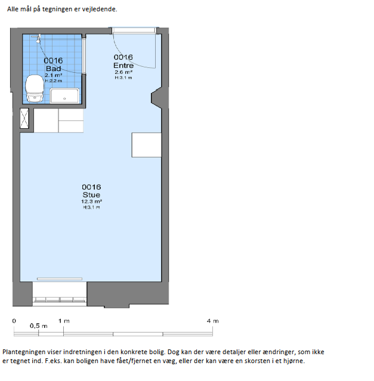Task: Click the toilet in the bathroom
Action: (35, 88)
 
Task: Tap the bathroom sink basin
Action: (64, 95)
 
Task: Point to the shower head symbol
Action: (38, 39)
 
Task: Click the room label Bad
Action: (53, 69)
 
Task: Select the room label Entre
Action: (123, 66)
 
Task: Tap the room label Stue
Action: (91, 194)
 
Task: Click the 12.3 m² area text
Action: (91, 202)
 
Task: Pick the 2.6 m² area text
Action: (123, 72)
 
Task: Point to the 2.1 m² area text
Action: (53, 75)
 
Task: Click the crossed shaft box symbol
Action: (24, 118)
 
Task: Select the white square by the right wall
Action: (147, 145)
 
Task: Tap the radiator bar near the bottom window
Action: (60, 278)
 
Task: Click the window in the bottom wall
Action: (60, 299)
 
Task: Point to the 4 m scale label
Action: (213, 321)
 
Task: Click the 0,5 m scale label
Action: (39, 326)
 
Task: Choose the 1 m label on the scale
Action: (64, 321)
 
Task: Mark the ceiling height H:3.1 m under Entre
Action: (123, 78)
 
